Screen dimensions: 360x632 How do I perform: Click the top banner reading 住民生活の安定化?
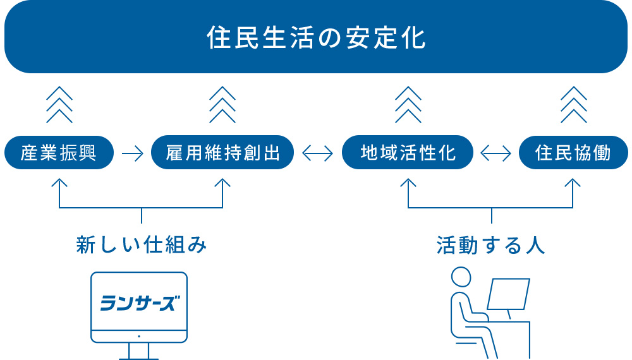coord(316,37)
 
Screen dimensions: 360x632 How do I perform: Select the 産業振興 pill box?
coord(59,153)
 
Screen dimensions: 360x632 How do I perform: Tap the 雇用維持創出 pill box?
coord(222,153)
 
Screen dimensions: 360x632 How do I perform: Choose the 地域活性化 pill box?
coord(408,153)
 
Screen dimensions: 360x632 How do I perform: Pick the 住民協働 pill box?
coord(573,153)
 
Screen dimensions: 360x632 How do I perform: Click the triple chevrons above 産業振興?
coord(59,104)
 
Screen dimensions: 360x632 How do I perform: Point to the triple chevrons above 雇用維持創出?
coord(222,104)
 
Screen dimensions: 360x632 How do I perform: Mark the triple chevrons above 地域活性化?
coord(408,104)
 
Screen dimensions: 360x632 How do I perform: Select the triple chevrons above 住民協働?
coord(573,104)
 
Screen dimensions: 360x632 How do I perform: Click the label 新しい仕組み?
coord(142,245)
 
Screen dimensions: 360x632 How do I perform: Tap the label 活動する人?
coord(491,245)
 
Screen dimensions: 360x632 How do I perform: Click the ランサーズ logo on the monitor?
coord(139,303)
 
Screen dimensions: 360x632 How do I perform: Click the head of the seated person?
coord(461,277)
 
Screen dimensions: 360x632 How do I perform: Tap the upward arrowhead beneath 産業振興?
coord(59,183)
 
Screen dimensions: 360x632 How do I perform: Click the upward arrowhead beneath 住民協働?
coord(573,183)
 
